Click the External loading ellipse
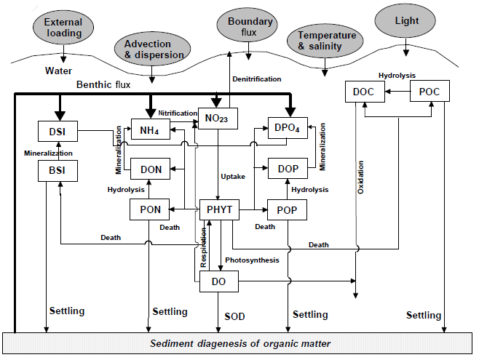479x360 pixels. (63, 28)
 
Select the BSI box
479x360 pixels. (57, 170)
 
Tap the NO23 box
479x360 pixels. (218, 117)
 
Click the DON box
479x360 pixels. (151, 169)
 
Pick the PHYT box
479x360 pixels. (219, 209)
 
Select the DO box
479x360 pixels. (219, 281)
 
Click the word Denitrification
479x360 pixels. (256, 79)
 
